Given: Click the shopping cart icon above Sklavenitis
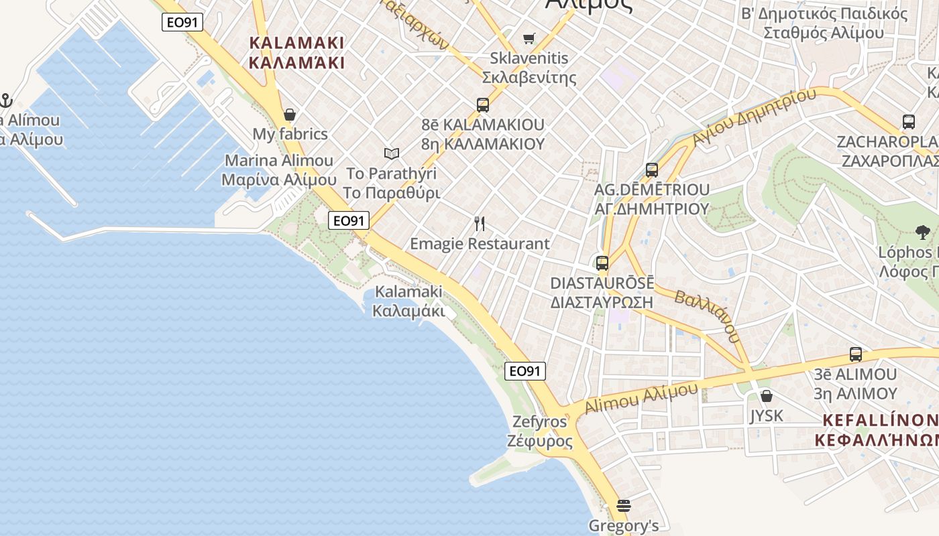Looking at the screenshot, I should (529, 38).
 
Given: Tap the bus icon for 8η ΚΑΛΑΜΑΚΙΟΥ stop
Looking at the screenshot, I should (483, 105).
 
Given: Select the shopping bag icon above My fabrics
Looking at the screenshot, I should (290, 115).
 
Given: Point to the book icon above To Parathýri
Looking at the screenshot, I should (392, 154).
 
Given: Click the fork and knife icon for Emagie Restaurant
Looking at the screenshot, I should (480, 224).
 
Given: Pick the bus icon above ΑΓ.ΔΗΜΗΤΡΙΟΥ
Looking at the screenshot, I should (652, 170).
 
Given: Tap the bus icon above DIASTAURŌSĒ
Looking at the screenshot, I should (602, 263).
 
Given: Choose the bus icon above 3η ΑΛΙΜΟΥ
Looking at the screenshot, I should (856, 354).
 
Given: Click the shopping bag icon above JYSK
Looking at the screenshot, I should (767, 396).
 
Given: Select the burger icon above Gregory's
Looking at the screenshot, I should (624, 506).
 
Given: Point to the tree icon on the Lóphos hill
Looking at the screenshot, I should (923, 232).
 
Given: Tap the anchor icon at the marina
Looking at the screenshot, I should (6, 101).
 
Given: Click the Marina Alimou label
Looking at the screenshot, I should (279, 170).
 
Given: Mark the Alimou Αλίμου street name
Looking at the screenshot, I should (641, 398).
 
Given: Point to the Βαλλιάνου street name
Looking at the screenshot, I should (708, 316).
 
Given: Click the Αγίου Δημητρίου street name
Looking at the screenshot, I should (755, 117).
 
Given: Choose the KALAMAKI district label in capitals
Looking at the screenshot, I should (296, 53).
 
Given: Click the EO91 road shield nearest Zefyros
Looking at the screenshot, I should (525, 371).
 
